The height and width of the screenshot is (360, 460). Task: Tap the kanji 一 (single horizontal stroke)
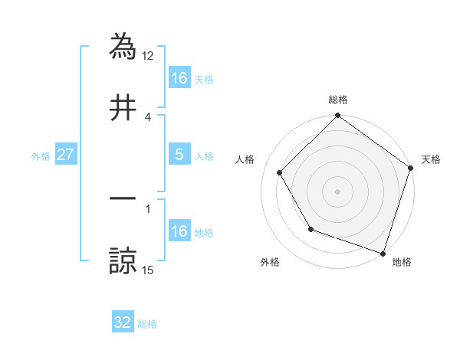click(x=123, y=198)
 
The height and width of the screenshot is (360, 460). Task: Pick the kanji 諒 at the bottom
click(x=123, y=260)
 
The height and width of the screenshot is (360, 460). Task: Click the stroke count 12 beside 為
click(x=148, y=55)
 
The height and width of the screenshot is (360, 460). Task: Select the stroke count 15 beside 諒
click(x=148, y=269)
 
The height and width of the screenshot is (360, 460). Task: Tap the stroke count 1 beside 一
click(x=148, y=208)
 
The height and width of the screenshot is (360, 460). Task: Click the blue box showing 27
click(x=65, y=155)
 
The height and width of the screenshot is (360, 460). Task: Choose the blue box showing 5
click(x=179, y=155)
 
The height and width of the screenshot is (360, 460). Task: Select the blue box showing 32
click(x=123, y=322)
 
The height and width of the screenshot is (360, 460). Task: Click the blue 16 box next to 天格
click(x=179, y=78)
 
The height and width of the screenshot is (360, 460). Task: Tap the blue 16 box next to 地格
click(x=179, y=231)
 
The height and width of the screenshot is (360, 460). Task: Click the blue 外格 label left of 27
click(x=41, y=155)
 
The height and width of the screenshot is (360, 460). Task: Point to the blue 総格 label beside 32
click(x=147, y=323)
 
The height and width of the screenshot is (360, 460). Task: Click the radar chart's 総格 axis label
click(x=337, y=100)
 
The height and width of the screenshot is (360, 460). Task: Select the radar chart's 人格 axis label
click(x=245, y=159)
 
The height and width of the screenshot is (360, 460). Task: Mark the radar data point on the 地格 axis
click(x=383, y=253)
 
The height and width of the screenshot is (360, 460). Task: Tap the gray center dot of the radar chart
click(x=337, y=191)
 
